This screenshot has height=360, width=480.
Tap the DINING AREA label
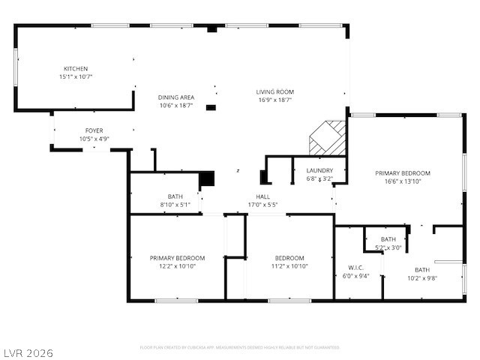[176, 97]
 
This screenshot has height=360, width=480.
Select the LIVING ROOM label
[275, 91]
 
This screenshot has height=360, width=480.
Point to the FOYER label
[94, 130]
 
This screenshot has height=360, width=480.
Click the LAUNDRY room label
[319, 171]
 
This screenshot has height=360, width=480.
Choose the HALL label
[262, 196]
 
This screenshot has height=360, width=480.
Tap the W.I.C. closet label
[355, 267]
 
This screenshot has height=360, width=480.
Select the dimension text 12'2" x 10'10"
[177, 266]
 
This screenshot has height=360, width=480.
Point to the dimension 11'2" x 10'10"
[289, 266]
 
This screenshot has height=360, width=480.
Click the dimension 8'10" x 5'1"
[175, 204]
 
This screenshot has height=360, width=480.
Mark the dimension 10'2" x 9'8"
[422, 277]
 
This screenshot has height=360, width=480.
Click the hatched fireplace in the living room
[328, 137]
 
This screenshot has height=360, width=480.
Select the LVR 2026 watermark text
[28, 352]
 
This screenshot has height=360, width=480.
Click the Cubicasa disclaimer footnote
[240, 347]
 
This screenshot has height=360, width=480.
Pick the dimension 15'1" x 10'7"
[76, 76]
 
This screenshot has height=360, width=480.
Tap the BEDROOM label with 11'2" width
[289, 258]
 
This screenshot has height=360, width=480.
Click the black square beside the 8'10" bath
[207, 178]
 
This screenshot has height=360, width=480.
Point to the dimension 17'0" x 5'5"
[262, 204]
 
